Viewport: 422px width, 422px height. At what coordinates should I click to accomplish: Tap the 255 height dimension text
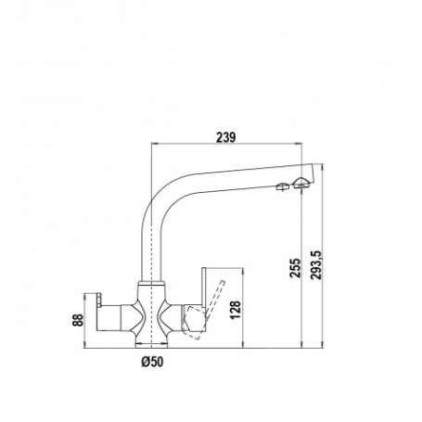tap(294, 267)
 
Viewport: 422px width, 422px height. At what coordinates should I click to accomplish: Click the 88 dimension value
tap(78, 320)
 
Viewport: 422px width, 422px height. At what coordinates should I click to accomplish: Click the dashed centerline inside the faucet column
tap(148, 260)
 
